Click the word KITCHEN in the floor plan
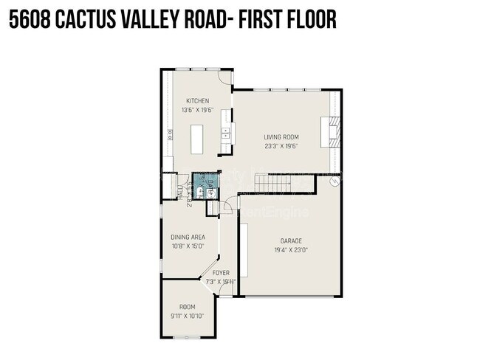[197, 101]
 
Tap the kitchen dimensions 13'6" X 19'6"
[197, 110]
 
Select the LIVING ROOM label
[281, 136]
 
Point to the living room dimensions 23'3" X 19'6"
[281, 145]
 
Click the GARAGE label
[290, 240]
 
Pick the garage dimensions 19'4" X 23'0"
[290, 249]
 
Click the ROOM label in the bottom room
[188, 307]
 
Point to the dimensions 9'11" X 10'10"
[188, 316]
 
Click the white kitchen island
[197, 138]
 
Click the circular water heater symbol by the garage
[335, 181]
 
